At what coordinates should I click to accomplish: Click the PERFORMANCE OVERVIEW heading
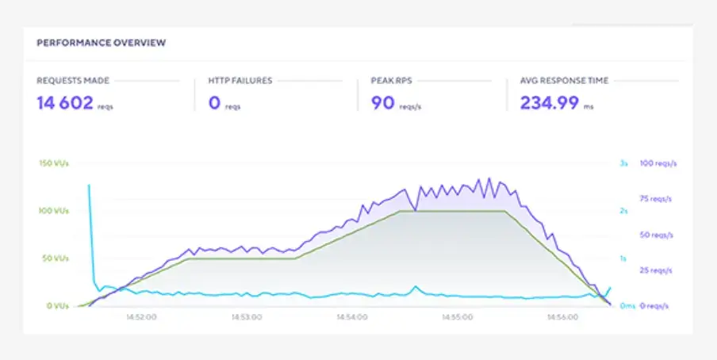tap(101, 43)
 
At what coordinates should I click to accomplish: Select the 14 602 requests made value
tap(65, 102)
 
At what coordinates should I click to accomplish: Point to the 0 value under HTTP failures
tap(214, 102)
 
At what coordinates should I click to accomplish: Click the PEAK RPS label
tap(391, 81)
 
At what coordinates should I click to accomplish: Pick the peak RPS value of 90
tap(382, 102)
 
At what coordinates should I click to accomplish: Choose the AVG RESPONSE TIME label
tap(564, 81)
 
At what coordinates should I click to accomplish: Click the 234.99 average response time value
tap(549, 102)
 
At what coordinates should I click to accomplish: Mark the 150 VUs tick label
tap(54, 163)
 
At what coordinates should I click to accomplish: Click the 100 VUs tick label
tap(54, 211)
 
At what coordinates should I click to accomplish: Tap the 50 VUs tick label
tap(56, 259)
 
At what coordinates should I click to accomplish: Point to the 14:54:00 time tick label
tap(351, 316)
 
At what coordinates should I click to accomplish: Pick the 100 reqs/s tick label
tap(658, 163)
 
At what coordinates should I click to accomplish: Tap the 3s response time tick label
tap(623, 163)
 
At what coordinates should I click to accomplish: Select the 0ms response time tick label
tap(627, 306)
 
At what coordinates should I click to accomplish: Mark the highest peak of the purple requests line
tap(489, 178)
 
